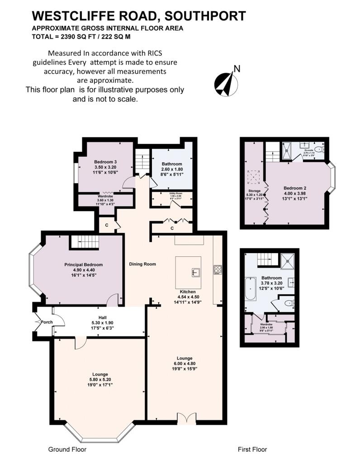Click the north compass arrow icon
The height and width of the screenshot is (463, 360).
click(227, 83)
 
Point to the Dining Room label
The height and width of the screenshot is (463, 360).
click(142, 264)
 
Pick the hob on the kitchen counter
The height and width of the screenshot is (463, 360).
click(217, 270)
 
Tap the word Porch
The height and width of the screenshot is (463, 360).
click(47, 322)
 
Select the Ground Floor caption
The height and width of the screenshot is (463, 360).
click(67, 449)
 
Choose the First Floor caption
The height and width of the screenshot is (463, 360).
click(252, 449)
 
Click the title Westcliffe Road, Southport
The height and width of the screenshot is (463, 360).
click(139, 16)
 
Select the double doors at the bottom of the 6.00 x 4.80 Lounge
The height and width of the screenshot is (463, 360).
click(187, 419)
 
